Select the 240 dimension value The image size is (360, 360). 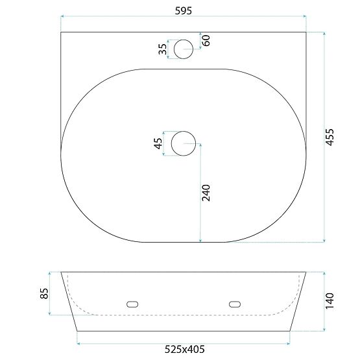[207, 193]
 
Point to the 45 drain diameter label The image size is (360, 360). [158, 144]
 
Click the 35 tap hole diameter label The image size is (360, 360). [162, 49]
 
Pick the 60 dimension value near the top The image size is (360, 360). [206, 40]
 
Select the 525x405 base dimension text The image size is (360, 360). [184, 350]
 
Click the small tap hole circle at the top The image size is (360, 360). [184, 48]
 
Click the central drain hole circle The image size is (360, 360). [184, 143]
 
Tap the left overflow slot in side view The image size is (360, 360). [133, 303]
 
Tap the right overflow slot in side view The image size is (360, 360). [235, 303]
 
